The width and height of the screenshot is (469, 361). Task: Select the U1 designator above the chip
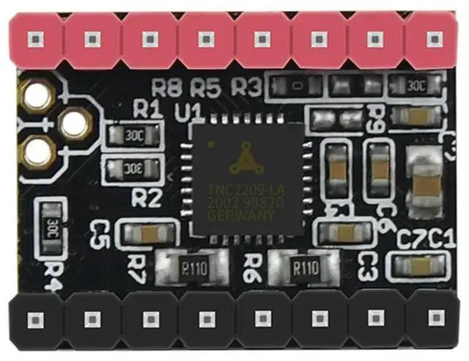189,112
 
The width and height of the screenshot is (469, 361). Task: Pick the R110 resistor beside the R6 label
304,266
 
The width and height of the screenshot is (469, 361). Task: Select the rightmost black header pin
435,318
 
